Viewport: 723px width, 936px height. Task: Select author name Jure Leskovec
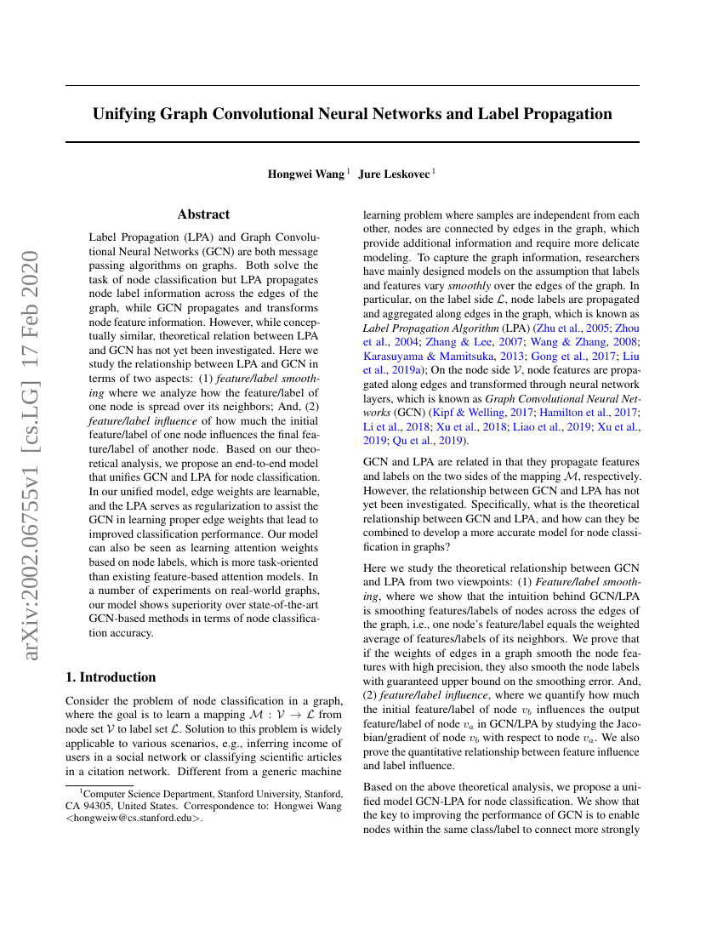point(395,174)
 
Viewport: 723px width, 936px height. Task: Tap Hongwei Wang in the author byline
point(306,174)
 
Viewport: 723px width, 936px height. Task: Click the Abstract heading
point(203,214)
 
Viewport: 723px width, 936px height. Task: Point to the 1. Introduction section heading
point(111,677)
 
